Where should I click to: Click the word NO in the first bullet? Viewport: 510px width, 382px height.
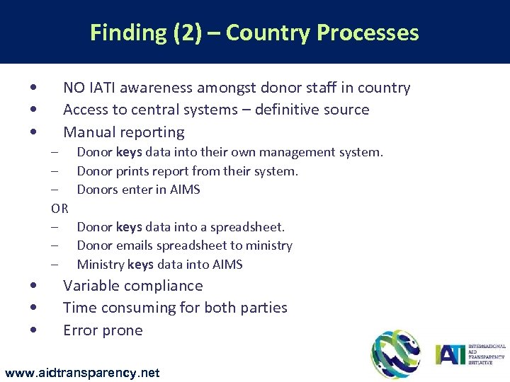tap(73, 88)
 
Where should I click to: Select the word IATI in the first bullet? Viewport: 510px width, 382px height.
tap(103, 88)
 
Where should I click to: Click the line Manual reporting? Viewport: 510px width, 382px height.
tap(123, 132)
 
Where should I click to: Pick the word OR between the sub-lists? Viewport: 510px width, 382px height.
tap(59, 208)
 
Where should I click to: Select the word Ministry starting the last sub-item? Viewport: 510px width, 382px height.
tap(100, 265)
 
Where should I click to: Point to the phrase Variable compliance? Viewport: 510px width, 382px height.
tap(132, 286)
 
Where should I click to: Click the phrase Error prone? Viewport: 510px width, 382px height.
tap(103, 330)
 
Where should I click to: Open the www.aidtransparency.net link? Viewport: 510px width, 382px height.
tap(82, 372)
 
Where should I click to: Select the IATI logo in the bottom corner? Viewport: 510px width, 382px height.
tap(470, 354)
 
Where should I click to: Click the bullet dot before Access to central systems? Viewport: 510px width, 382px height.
tap(34, 110)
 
